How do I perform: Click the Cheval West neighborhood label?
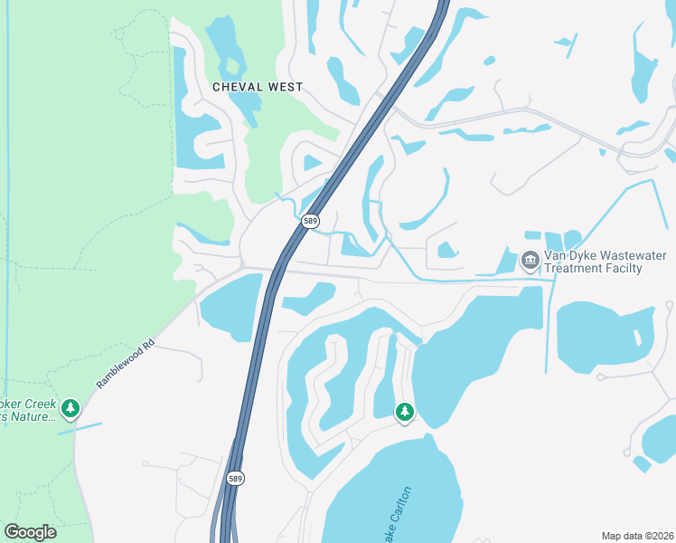point(258,87)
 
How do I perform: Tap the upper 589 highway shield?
point(311,221)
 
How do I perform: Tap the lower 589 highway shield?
point(235,478)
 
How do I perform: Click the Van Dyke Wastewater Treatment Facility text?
point(592,262)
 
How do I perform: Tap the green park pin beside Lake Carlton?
point(405,412)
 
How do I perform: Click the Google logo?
point(30,532)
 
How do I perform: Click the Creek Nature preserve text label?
point(29,409)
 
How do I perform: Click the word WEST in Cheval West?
point(285,87)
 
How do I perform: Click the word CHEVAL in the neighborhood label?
point(237,87)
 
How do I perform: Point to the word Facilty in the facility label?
point(623,269)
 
